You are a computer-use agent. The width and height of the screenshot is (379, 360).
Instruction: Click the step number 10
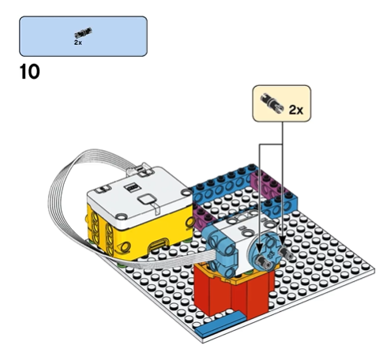coord(30,72)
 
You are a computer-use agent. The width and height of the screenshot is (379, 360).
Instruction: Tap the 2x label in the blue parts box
coord(78,43)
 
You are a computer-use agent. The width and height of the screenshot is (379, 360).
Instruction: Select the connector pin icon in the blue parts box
coord(83,33)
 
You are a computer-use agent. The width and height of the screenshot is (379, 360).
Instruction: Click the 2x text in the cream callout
coord(296,110)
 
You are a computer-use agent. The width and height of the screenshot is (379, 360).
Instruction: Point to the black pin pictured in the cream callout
coord(272,103)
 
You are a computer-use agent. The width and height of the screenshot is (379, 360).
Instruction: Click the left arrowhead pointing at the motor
coord(260,247)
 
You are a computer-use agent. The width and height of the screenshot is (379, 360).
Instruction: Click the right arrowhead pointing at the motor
coord(283,242)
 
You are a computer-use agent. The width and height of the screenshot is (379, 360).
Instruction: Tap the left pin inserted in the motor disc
coord(263,261)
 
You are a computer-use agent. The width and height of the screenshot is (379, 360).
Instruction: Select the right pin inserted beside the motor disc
coord(286,253)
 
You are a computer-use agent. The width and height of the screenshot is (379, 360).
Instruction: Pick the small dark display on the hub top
coord(132,187)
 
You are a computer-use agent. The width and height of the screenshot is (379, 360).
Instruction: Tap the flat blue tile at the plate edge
coord(220,323)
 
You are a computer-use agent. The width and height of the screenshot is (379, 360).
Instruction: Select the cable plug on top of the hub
coord(140,170)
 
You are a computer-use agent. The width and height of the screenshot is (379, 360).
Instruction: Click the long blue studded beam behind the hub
coord(223,185)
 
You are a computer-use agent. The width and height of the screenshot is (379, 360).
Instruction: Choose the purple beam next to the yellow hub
coord(205,218)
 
